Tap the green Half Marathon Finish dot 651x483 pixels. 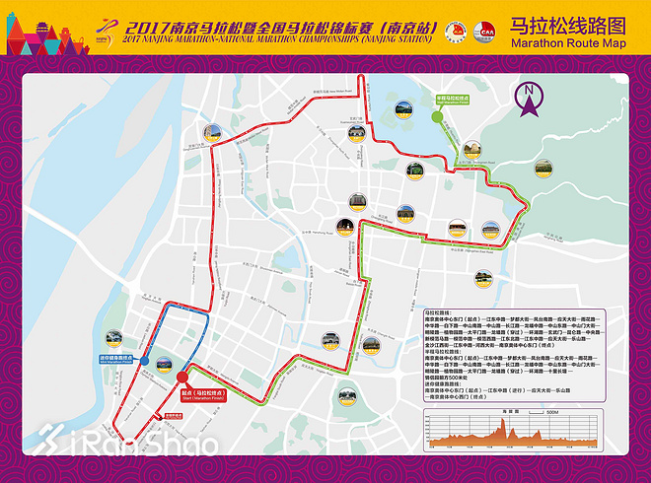click(x=436, y=116)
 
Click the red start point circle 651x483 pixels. click(x=181, y=377)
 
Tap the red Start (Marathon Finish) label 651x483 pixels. click(x=203, y=393)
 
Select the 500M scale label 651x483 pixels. click(x=552, y=412)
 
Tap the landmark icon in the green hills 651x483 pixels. click(x=542, y=169)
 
